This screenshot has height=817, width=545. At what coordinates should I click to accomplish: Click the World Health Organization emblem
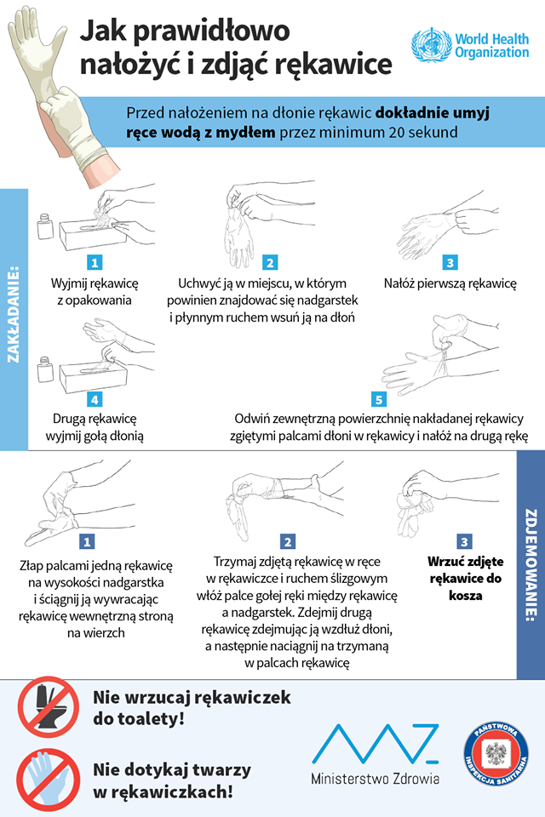(x=431, y=45)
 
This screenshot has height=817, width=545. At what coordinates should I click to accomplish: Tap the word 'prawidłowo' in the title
(x=212, y=31)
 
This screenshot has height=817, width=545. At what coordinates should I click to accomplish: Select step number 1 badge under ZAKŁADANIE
(x=95, y=262)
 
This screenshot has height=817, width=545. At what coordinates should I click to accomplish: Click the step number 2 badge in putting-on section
(x=270, y=262)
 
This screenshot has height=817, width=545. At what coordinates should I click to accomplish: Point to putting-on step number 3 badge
(x=450, y=262)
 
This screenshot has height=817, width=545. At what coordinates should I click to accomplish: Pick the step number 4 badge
(x=95, y=399)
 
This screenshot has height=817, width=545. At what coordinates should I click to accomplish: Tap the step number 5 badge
(x=379, y=399)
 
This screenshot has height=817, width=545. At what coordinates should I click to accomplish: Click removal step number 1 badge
(x=87, y=542)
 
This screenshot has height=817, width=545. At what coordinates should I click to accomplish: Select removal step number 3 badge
(x=464, y=542)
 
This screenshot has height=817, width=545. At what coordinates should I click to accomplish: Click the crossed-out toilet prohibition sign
(x=48, y=707)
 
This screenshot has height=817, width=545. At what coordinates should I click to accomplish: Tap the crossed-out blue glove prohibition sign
(x=48, y=780)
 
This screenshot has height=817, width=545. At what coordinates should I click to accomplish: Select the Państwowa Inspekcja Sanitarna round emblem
(x=496, y=753)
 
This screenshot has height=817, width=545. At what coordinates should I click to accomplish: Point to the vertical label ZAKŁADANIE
(x=14, y=315)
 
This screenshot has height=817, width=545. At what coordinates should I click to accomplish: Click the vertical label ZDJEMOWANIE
(x=531, y=565)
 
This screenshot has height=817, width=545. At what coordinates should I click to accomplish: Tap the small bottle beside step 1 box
(x=45, y=226)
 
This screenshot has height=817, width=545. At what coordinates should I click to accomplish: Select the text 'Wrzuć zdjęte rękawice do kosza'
(x=465, y=579)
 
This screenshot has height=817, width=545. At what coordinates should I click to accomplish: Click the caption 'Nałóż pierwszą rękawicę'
(x=450, y=283)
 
